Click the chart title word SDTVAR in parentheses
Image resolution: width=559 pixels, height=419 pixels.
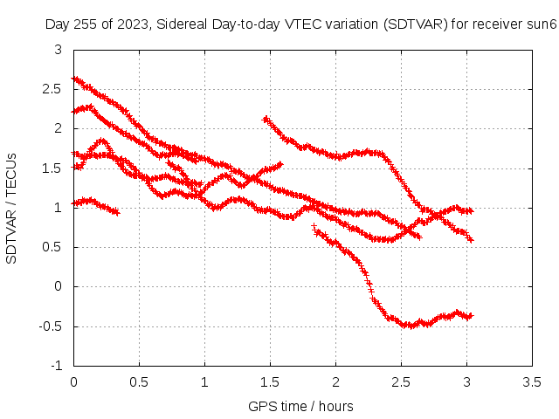pos(416,24)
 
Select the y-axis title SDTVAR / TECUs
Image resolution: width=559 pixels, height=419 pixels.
pos(11,209)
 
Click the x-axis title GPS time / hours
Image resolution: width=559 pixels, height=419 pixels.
pos(300,406)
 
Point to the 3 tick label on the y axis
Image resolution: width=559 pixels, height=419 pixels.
pos(58,50)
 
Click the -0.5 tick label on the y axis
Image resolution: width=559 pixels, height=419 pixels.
pos(51,326)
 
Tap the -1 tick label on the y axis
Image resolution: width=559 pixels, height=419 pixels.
pos(56,366)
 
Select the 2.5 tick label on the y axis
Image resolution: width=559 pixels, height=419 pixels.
pos(52,89)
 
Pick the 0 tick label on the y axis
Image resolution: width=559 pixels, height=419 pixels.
pos(58,286)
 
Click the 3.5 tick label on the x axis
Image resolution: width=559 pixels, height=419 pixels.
pos(532,382)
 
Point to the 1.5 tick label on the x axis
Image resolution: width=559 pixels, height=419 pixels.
pos(270,382)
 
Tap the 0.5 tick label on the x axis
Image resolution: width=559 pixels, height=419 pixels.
pos(139,382)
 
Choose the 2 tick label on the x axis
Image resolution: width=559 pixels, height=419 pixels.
pos(335,382)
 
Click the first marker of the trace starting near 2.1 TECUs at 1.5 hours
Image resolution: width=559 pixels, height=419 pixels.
pos(265,120)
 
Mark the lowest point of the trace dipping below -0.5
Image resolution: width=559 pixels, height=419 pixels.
pos(411,326)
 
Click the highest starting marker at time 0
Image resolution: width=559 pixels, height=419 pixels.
pos(74,79)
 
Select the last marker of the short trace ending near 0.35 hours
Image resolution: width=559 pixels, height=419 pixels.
pos(117,213)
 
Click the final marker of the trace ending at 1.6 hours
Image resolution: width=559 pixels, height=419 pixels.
pos(280,164)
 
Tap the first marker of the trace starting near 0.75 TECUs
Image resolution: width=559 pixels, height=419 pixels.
pos(314,226)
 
